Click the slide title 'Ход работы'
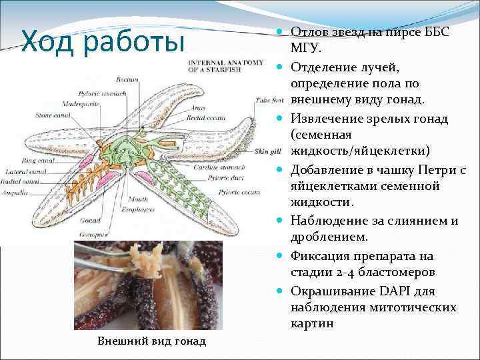103,41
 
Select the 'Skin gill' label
265,152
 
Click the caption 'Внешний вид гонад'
152,341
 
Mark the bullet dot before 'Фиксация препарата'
281,256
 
